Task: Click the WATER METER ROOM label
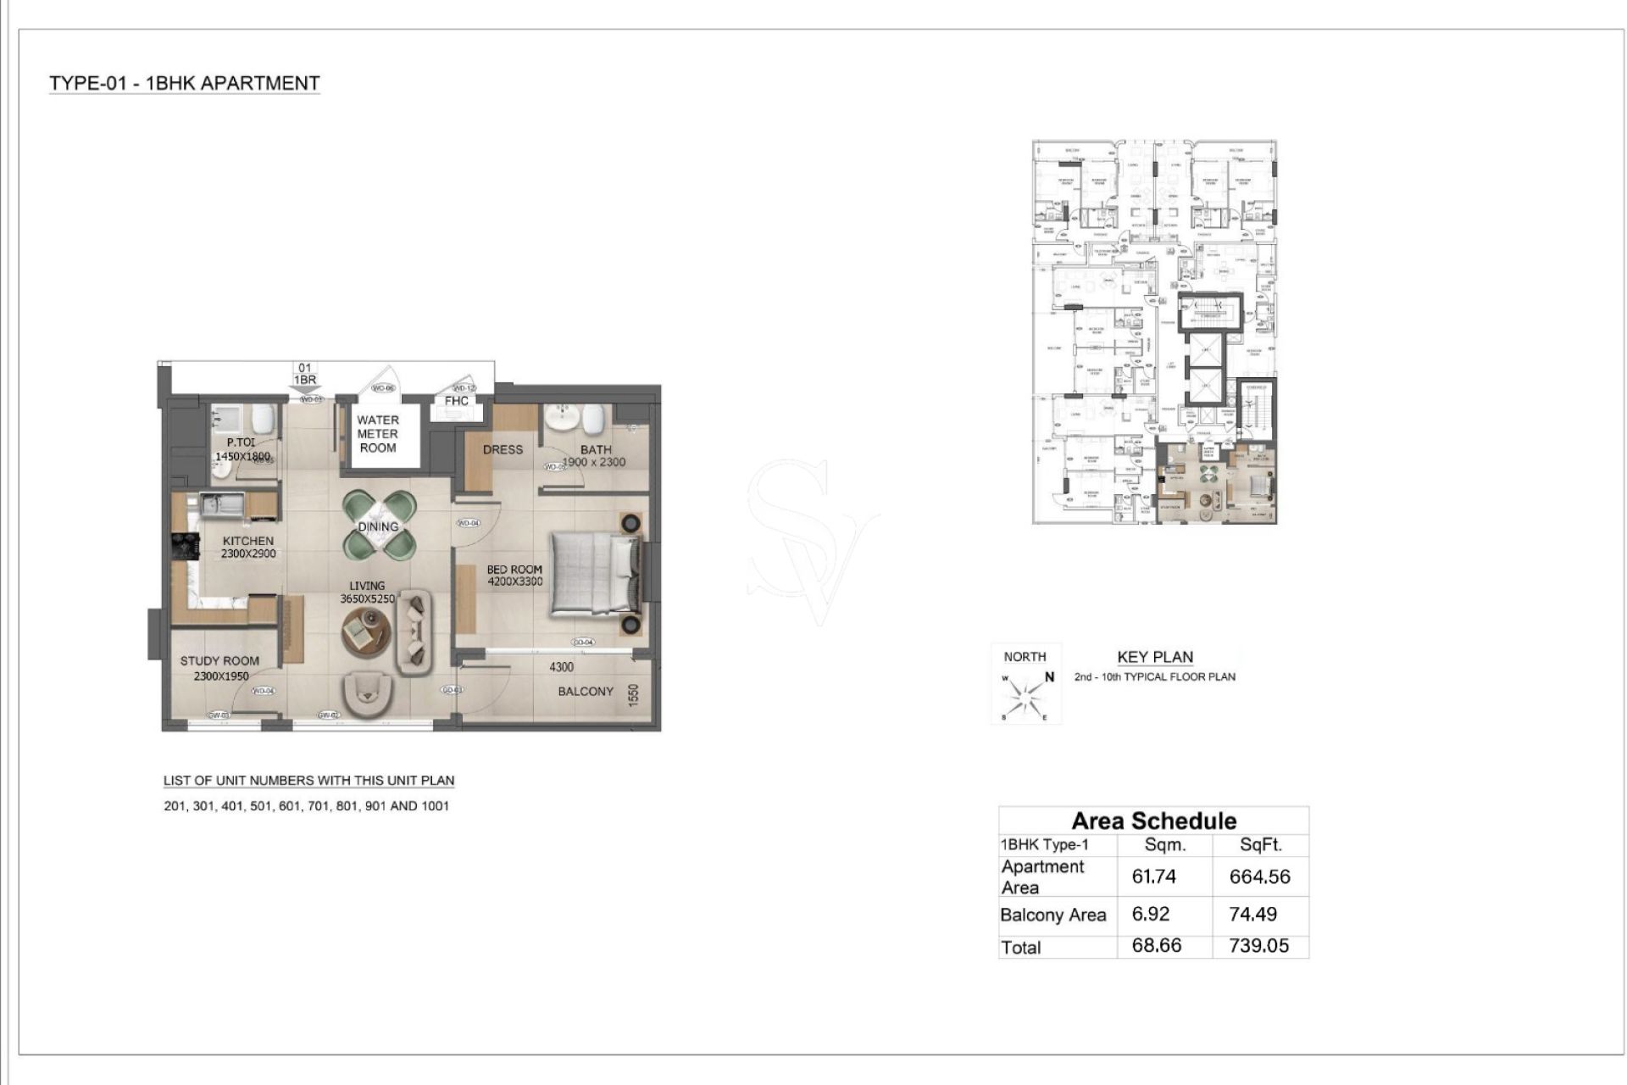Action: click(377, 434)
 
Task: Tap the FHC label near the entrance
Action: click(456, 401)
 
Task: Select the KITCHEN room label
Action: click(248, 541)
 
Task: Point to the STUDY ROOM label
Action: click(219, 661)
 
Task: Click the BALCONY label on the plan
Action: click(585, 692)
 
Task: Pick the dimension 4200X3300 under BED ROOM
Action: click(514, 582)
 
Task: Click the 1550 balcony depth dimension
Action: click(633, 695)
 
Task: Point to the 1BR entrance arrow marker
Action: click(305, 389)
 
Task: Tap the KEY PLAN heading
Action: click(1154, 657)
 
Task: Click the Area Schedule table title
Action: click(1153, 821)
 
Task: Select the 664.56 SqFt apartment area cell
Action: click(1259, 877)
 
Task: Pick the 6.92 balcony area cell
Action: click(1150, 915)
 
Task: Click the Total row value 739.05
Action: click(1258, 946)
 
